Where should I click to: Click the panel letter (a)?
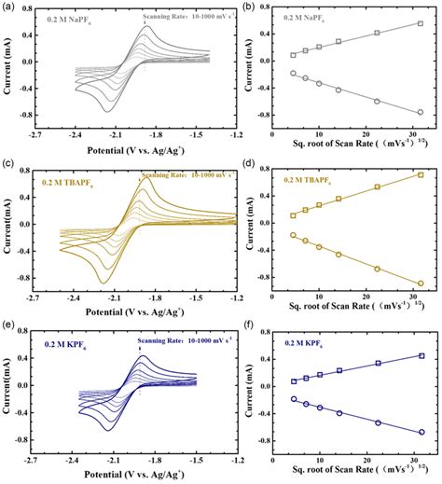click(7, 7)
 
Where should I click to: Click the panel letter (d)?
click(234, 166)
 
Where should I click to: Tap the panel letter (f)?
click(234, 327)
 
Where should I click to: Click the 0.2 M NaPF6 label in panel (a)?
click(59, 17)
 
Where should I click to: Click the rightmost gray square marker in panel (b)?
click(421, 24)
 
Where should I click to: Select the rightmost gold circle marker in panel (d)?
click(421, 283)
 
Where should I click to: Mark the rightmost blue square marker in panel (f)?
click(421, 355)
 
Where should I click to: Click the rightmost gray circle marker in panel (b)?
click(421, 112)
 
